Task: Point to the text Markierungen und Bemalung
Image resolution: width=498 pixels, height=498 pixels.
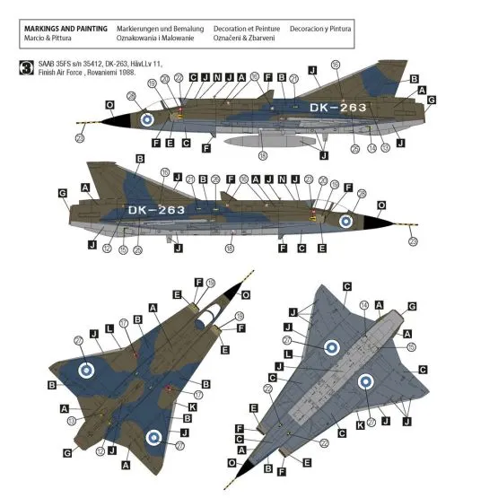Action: (x=160, y=30)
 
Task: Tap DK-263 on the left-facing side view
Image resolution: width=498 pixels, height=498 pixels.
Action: (x=156, y=210)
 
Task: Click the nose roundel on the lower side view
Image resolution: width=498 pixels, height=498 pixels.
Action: (x=345, y=221)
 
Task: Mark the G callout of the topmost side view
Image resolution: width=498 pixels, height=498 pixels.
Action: (x=432, y=100)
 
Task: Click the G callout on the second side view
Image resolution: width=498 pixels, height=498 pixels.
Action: (x=62, y=194)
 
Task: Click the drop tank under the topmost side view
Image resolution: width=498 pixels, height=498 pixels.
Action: (x=260, y=140)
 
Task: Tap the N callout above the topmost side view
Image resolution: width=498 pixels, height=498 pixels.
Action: (x=218, y=78)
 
